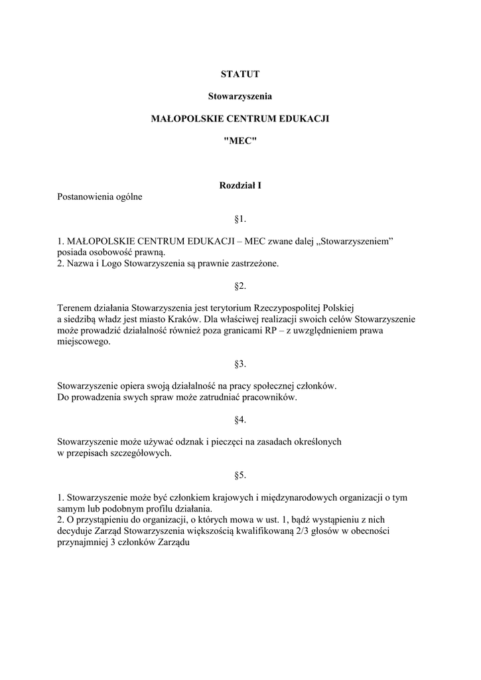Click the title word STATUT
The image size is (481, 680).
click(x=240, y=74)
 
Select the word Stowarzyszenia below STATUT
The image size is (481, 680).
click(x=240, y=96)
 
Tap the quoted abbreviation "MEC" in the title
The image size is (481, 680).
click(x=240, y=141)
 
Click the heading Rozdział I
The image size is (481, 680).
click(x=240, y=185)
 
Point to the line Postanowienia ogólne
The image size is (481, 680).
click(x=100, y=197)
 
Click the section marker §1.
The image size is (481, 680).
click(x=240, y=218)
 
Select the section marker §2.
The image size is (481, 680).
click(x=240, y=286)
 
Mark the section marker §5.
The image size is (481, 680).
click(x=240, y=475)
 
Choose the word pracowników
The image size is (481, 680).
click(x=269, y=398)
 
